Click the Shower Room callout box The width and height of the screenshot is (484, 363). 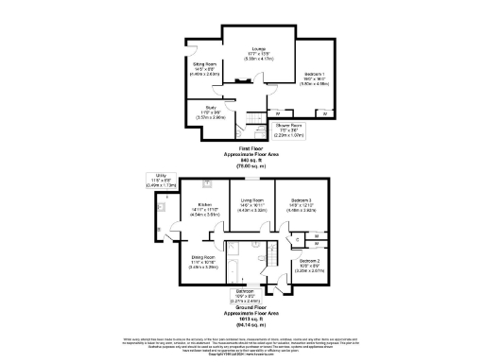(288, 131)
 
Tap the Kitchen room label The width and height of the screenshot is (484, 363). (203, 211)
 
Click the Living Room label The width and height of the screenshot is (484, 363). (251, 204)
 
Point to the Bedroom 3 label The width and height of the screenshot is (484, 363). (301, 205)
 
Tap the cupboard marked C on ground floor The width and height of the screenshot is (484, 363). (286, 241)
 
